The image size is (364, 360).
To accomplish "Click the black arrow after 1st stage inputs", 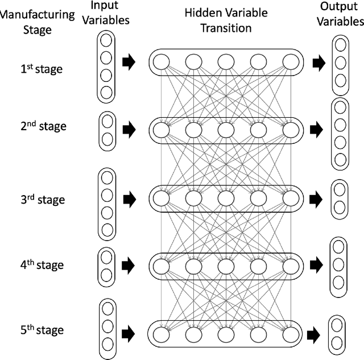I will pyautogui.click(x=130, y=63).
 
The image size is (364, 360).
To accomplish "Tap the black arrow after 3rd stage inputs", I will pyautogui.click(x=130, y=200).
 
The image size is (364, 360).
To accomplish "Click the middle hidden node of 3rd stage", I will pyautogui.click(x=225, y=198).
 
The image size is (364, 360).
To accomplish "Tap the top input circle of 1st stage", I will pyautogui.click(x=106, y=41).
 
